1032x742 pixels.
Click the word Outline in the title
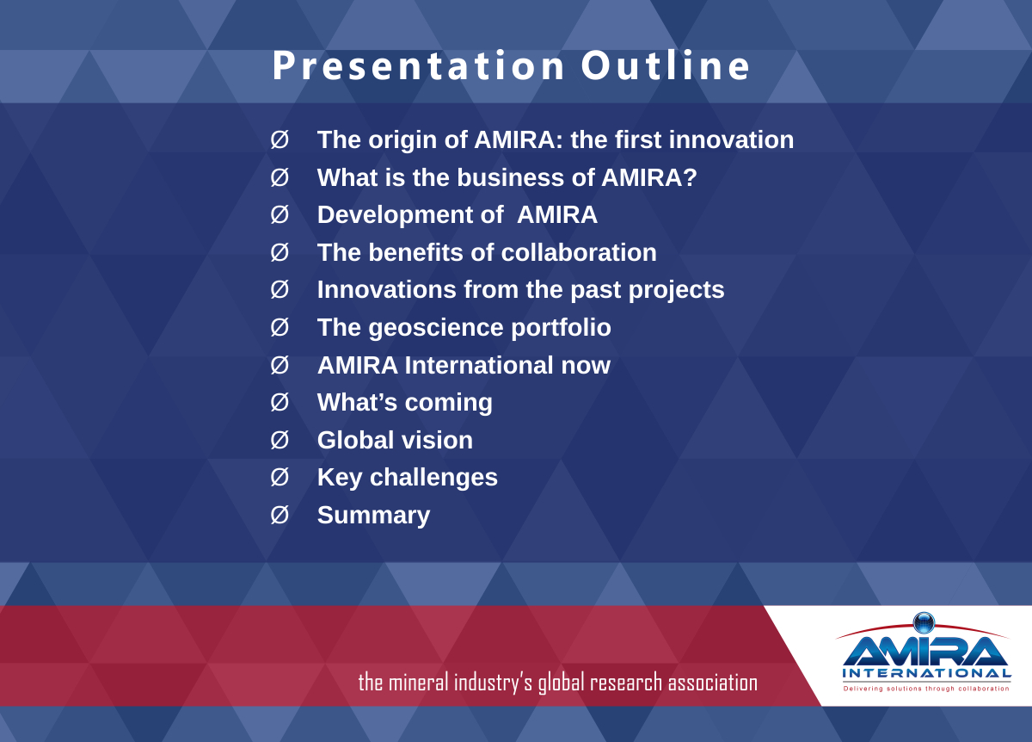point(666,65)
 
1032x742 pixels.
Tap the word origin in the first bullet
point(402,140)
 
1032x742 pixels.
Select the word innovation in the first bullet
point(731,139)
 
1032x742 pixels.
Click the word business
point(511,177)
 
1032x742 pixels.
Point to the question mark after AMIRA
point(691,177)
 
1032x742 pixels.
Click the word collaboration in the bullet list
point(579,252)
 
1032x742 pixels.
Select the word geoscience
point(436,328)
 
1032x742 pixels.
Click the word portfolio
point(561,328)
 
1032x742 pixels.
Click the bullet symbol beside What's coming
point(279,402)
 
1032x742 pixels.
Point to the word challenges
point(433,477)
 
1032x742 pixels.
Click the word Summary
point(373,516)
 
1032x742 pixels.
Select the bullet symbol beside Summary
point(279,515)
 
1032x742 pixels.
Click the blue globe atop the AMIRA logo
point(924,623)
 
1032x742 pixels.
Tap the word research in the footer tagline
point(626,683)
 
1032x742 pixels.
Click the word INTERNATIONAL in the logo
point(926,674)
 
